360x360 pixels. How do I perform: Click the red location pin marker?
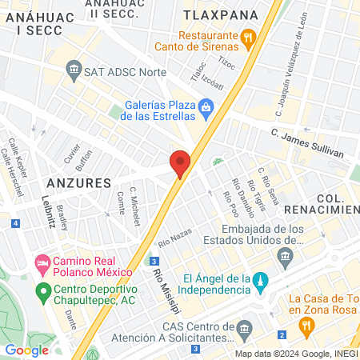180,163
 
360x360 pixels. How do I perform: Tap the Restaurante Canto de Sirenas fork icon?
248,36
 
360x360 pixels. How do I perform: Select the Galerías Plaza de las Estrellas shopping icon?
206,106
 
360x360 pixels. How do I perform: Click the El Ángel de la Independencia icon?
260,281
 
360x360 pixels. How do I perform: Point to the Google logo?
26,349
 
